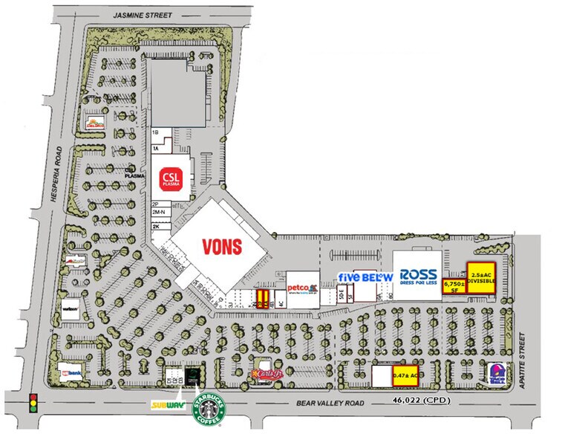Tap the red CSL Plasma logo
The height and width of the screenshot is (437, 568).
(172, 178)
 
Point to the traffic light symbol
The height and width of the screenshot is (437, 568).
(33, 403)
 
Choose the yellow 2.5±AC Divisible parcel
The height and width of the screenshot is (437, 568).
(482, 278)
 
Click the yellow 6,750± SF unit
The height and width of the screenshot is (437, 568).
(453, 286)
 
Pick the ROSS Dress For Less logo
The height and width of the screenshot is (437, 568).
(418, 276)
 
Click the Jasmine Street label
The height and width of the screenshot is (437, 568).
(140, 14)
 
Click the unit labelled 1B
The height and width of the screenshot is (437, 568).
(156, 132)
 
